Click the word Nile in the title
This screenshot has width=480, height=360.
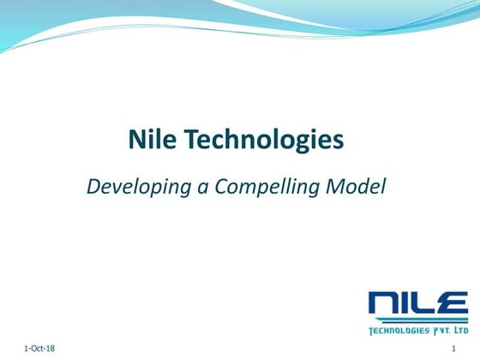[147, 139]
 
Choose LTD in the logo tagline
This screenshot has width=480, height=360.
[461, 329]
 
